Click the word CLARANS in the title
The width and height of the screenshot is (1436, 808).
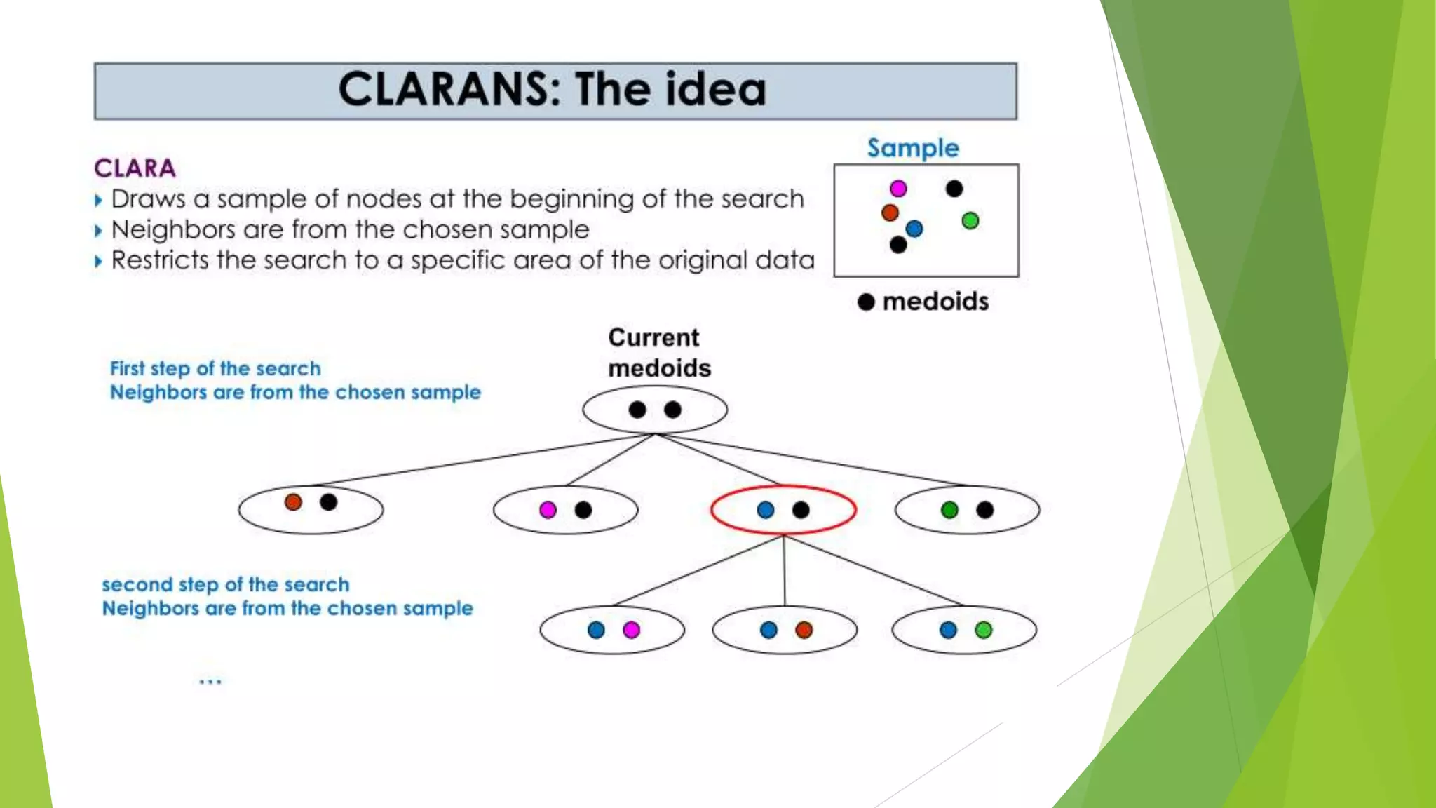449,90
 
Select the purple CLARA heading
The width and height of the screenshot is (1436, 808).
135,168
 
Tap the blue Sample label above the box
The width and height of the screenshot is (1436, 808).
912,148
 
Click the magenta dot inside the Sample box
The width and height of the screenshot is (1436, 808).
898,189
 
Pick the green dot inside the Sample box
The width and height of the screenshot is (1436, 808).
970,221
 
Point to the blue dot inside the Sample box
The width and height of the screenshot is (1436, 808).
914,229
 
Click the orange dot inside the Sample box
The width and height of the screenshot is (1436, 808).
890,213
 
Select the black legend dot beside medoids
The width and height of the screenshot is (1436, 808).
867,302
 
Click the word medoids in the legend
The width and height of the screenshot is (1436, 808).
935,302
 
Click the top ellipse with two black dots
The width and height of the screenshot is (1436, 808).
655,410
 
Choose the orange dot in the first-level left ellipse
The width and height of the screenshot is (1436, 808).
293,502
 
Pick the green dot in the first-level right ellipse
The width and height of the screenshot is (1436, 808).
949,510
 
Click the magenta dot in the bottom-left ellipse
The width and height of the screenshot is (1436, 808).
631,630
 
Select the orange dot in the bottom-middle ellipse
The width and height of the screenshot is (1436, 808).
804,630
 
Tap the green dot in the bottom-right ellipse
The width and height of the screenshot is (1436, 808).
984,630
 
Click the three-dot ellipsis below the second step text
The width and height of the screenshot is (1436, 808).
210,681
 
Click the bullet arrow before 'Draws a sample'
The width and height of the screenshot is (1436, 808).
98,201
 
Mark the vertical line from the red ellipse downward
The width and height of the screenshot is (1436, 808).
784,570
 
